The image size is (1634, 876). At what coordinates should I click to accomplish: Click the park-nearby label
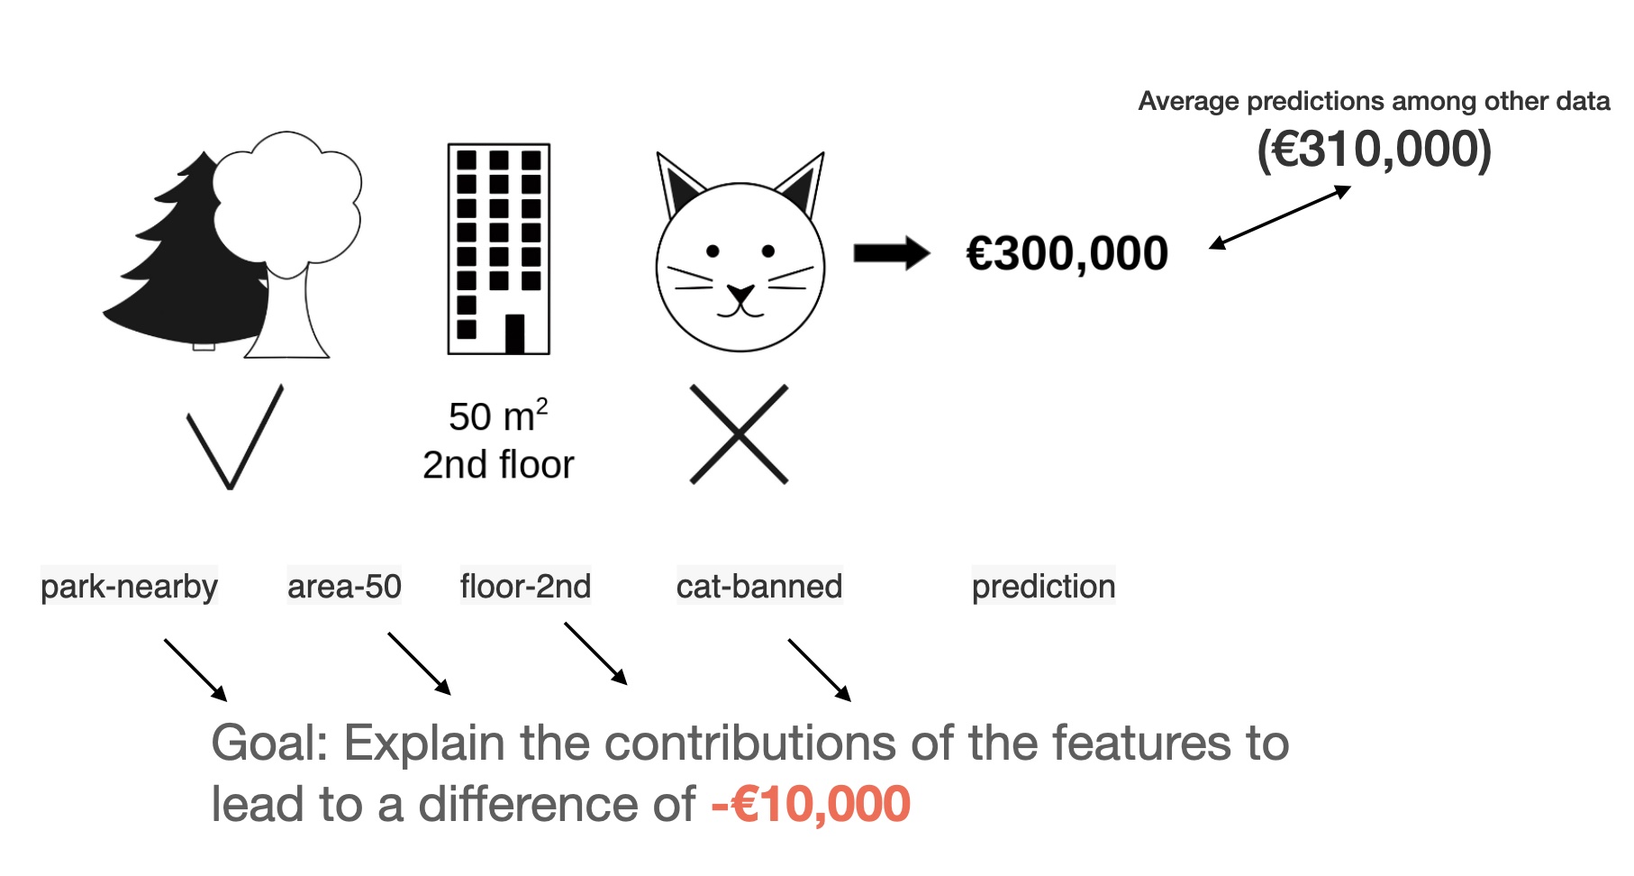coord(129,587)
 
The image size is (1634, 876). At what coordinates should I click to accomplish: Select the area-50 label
coord(344,587)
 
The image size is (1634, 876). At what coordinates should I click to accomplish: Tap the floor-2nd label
coord(525,587)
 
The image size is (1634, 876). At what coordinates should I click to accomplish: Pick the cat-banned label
coord(759,587)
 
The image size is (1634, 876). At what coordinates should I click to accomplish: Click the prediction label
coord(1043,587)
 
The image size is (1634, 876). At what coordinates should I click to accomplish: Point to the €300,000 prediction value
coord(1067,253)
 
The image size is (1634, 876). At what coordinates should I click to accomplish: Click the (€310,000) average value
coord(1374,150)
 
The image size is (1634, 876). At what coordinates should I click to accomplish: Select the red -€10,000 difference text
coord(811,804)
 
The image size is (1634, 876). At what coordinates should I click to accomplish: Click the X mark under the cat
coord(739,434)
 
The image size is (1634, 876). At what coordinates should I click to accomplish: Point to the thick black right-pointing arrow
coord(892,253)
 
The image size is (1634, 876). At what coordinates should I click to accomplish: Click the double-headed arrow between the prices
coord(1280,217)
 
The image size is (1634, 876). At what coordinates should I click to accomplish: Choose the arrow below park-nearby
coord(195,671)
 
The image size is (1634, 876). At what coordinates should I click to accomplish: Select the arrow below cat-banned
coord(820,671)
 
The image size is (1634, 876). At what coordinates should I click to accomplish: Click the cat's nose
coord(740,293)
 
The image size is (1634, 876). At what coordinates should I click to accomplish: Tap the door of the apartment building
coord(515,333)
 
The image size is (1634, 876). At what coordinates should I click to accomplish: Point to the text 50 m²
coord(498,415)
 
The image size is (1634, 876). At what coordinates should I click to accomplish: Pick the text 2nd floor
coord(498,465)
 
